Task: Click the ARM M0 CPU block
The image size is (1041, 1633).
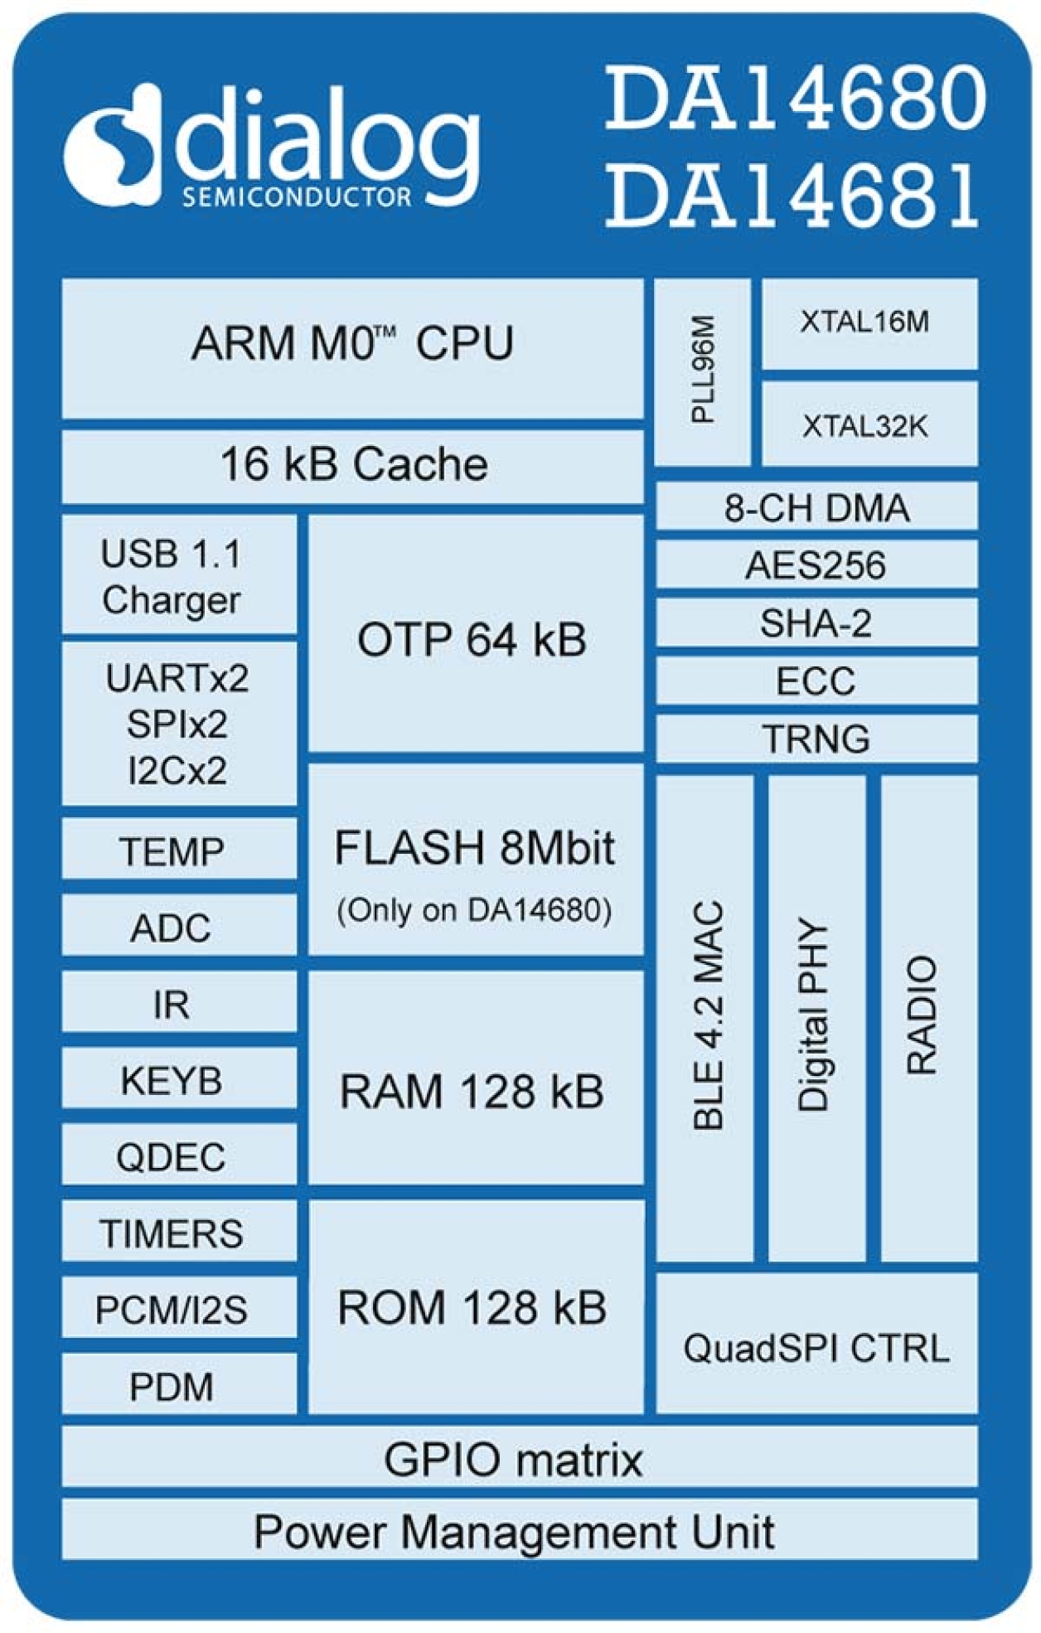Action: (x=352, y=348)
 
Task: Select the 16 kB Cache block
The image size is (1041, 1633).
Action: (x=352, y=465)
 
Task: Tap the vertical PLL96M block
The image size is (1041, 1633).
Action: (x=703, y=371)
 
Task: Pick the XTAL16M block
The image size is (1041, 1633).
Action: (x=869, y=323)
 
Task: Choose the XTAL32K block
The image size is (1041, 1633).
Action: (x=869, y=424)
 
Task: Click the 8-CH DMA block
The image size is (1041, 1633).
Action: (x=816, y=507)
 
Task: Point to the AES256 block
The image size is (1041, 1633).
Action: (x=816, y=565)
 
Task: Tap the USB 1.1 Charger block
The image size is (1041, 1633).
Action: (x=178, y=575)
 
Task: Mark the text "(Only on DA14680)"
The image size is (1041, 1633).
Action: (x=475, y=910)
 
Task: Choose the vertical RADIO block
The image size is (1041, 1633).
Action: (x=928, y=1018)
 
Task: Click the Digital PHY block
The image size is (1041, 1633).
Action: (x=816, y=1018)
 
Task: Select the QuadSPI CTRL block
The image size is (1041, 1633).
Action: (x=816, y=1348)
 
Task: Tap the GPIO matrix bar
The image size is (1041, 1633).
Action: (x=518, y=1459)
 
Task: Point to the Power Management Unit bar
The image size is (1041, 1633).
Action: (x=518, y=1531)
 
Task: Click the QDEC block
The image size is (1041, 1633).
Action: (x=178, y=1156)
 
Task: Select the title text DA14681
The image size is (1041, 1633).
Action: (x=793, y=196)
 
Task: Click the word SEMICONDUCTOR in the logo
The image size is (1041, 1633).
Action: (x=297, y=197)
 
